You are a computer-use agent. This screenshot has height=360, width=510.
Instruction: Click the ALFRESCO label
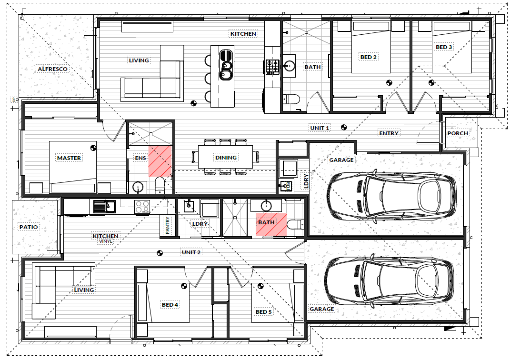tap(52, 69)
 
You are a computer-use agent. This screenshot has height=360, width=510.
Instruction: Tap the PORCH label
tap(457, 133)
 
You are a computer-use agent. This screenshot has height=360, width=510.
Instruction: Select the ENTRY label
tap(389, 133)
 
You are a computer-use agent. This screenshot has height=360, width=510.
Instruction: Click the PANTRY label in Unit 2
tap(168, 226)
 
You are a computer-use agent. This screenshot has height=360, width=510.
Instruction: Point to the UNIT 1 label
tap(320, 128)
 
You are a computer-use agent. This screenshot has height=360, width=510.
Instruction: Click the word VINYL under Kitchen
tap(106, 241)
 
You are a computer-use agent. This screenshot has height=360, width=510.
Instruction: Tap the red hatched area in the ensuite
tap(160, 161)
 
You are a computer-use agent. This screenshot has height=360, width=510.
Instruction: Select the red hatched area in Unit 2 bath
tap(271, 224)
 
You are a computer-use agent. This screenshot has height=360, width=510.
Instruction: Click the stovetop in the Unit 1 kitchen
tap(272, 67)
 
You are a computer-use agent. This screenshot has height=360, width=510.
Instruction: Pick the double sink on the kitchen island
tap(226, 65)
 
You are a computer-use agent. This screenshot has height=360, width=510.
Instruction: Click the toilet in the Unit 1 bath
tap(290, 99)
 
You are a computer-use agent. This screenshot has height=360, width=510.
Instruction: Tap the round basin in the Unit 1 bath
tap(289, 67)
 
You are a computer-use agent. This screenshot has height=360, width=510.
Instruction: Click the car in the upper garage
tap(392, 195)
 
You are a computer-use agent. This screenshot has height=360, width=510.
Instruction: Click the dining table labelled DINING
tap(225, 157)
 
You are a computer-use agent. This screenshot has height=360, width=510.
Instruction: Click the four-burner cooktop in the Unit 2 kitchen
tap(142, 207)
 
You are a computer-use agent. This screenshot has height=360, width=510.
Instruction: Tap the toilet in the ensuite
tap(160, 185)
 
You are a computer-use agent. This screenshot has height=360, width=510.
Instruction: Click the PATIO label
tap(29, 227)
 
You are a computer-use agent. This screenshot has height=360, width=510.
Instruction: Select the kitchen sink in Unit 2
tap(104, 206)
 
